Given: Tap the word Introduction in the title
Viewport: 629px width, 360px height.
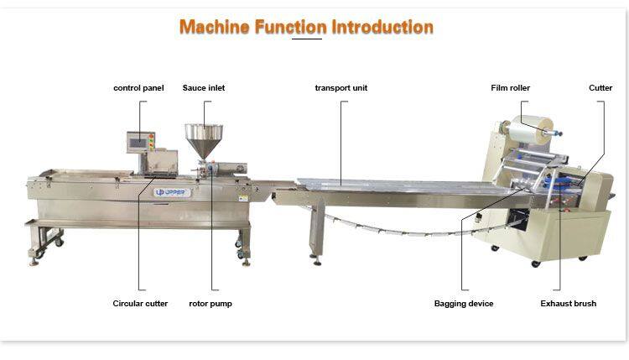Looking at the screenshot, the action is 382,27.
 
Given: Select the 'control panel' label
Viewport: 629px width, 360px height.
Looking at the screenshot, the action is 138,88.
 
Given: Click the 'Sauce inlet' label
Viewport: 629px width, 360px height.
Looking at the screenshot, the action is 204,88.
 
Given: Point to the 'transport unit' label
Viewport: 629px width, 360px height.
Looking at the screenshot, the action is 341,88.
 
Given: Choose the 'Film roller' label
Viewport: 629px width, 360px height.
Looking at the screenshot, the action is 510,88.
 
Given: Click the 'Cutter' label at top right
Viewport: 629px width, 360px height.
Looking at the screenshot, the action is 600,88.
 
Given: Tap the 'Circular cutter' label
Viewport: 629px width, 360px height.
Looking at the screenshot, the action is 140,304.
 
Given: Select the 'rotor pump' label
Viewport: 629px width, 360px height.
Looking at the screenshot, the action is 211,304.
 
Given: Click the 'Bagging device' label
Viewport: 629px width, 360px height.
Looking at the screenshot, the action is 464,304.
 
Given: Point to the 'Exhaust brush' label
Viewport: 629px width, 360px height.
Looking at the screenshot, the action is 568,304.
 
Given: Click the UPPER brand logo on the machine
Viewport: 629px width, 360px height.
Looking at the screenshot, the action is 172,193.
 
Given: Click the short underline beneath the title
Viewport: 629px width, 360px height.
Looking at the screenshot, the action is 307,39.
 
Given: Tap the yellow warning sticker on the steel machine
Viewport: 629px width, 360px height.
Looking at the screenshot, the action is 243,198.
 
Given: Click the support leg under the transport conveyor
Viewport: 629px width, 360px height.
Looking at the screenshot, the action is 317,232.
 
